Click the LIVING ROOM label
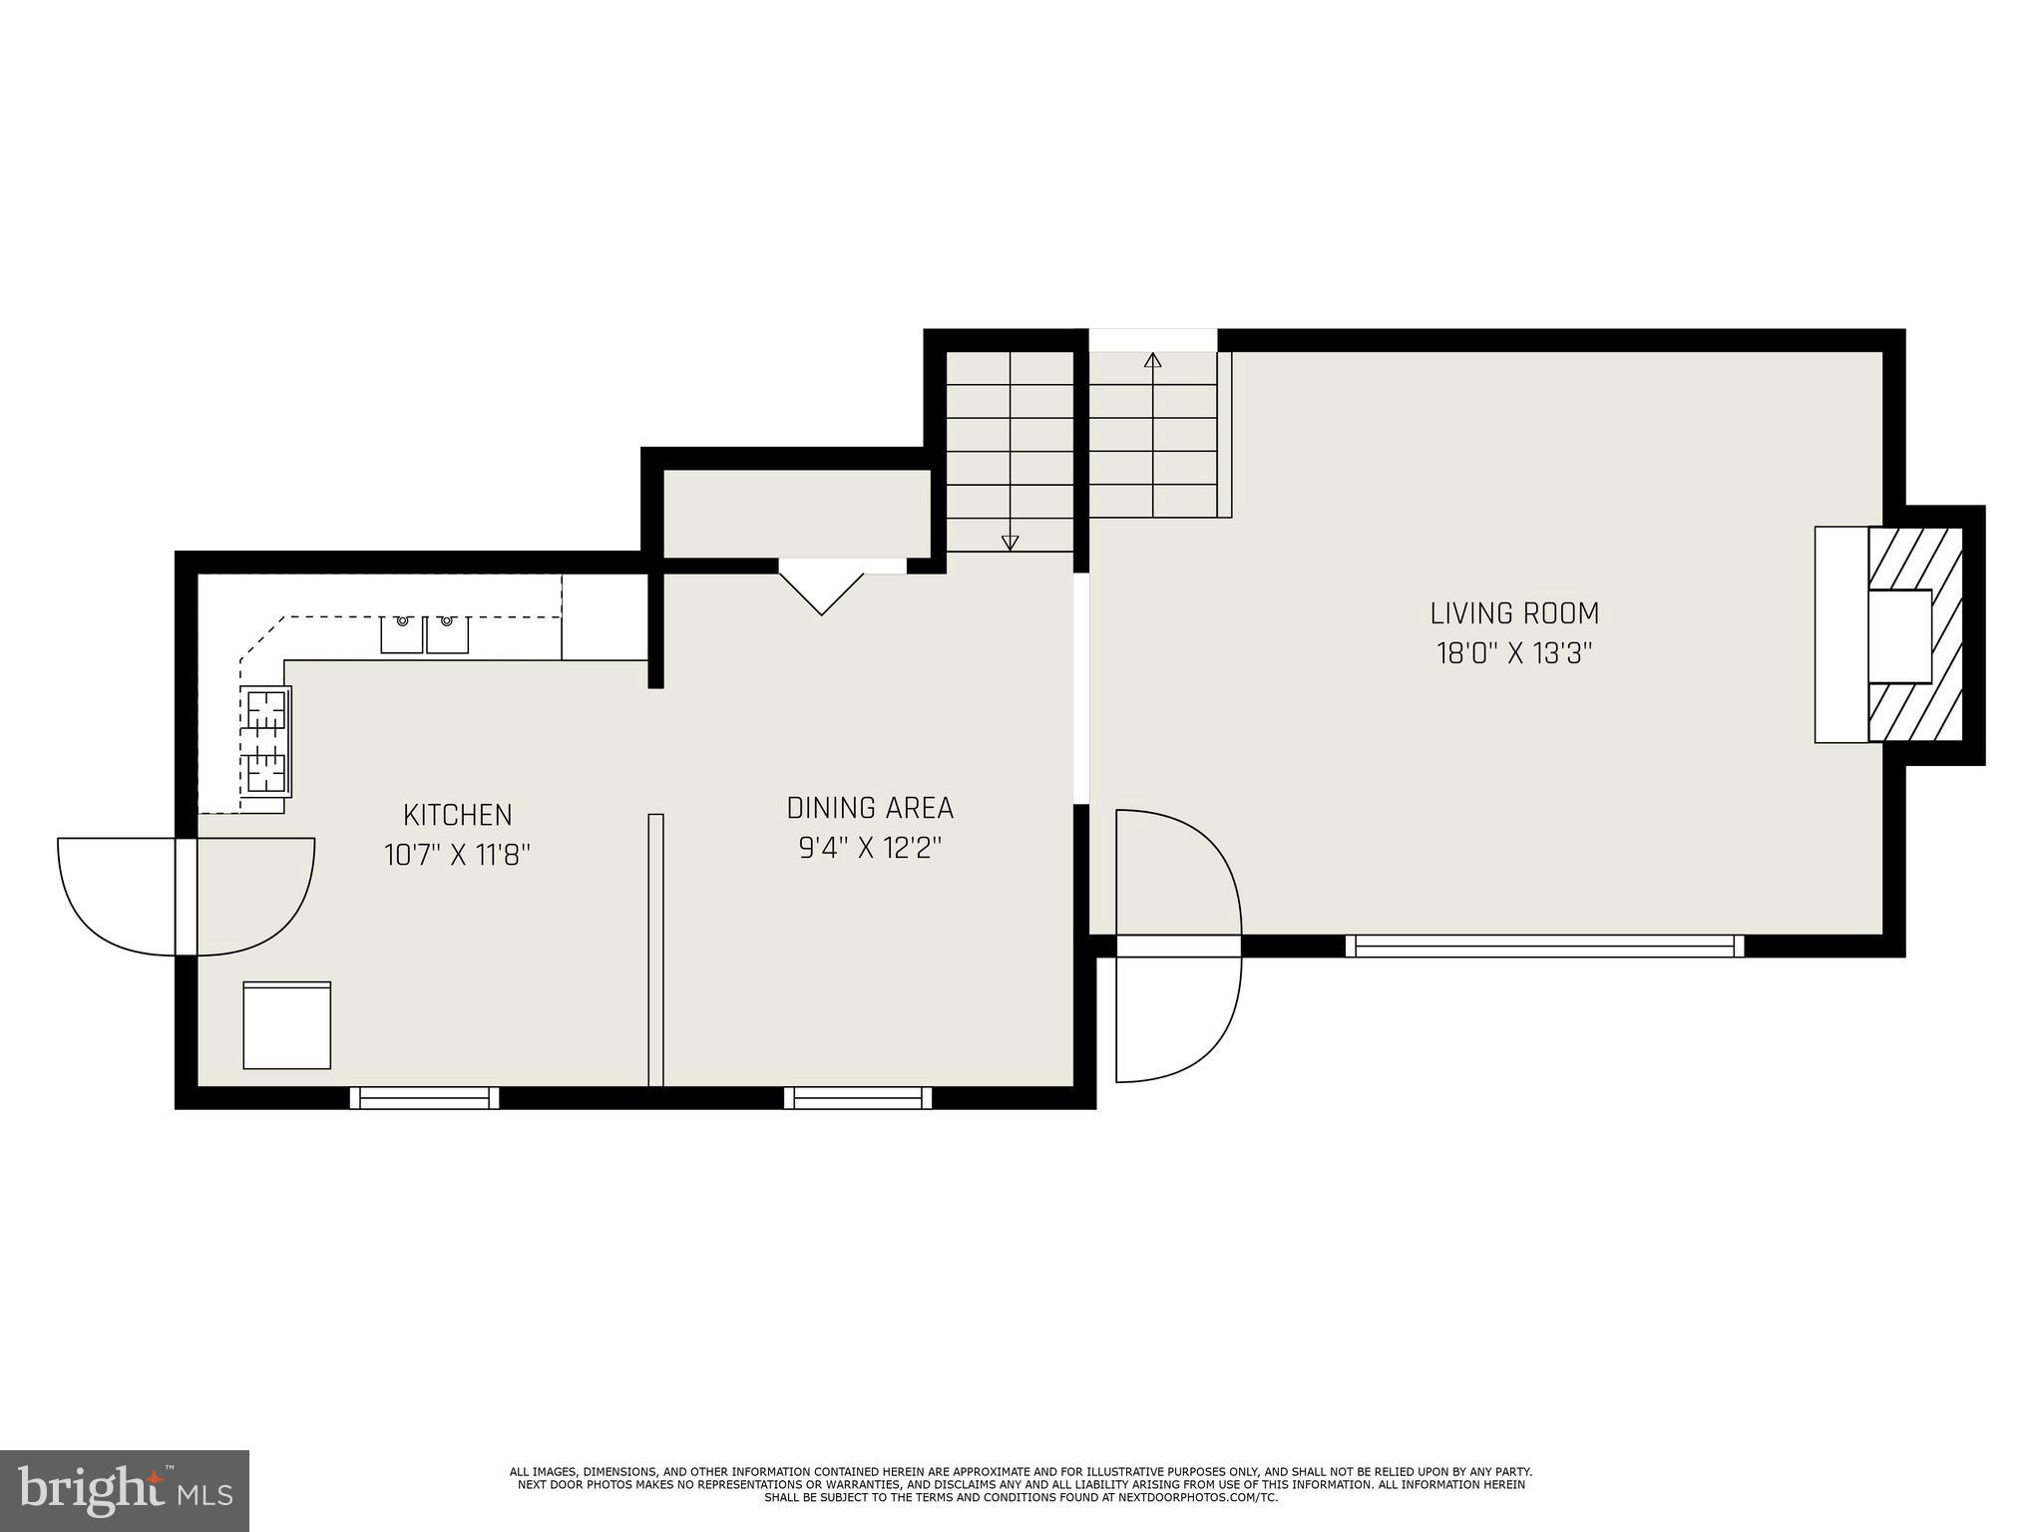[1513, 612]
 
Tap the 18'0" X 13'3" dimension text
[1513, 654]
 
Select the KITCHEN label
[457, 815]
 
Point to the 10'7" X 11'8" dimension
[457, 856]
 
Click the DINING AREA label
[870, 808]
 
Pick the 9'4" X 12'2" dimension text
[870, 849]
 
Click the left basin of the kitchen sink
[402, 634]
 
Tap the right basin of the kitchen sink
[448, 634]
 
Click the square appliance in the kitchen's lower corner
[287, 1025]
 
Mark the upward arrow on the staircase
[1153, 361]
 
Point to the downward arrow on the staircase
[1010, 542]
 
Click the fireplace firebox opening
[1899, 649]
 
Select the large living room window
[1544, 947]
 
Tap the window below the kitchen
[425, 1098]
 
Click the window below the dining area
[858, 1098]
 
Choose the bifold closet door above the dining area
[821, 588]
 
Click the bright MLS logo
[124, 1491]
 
